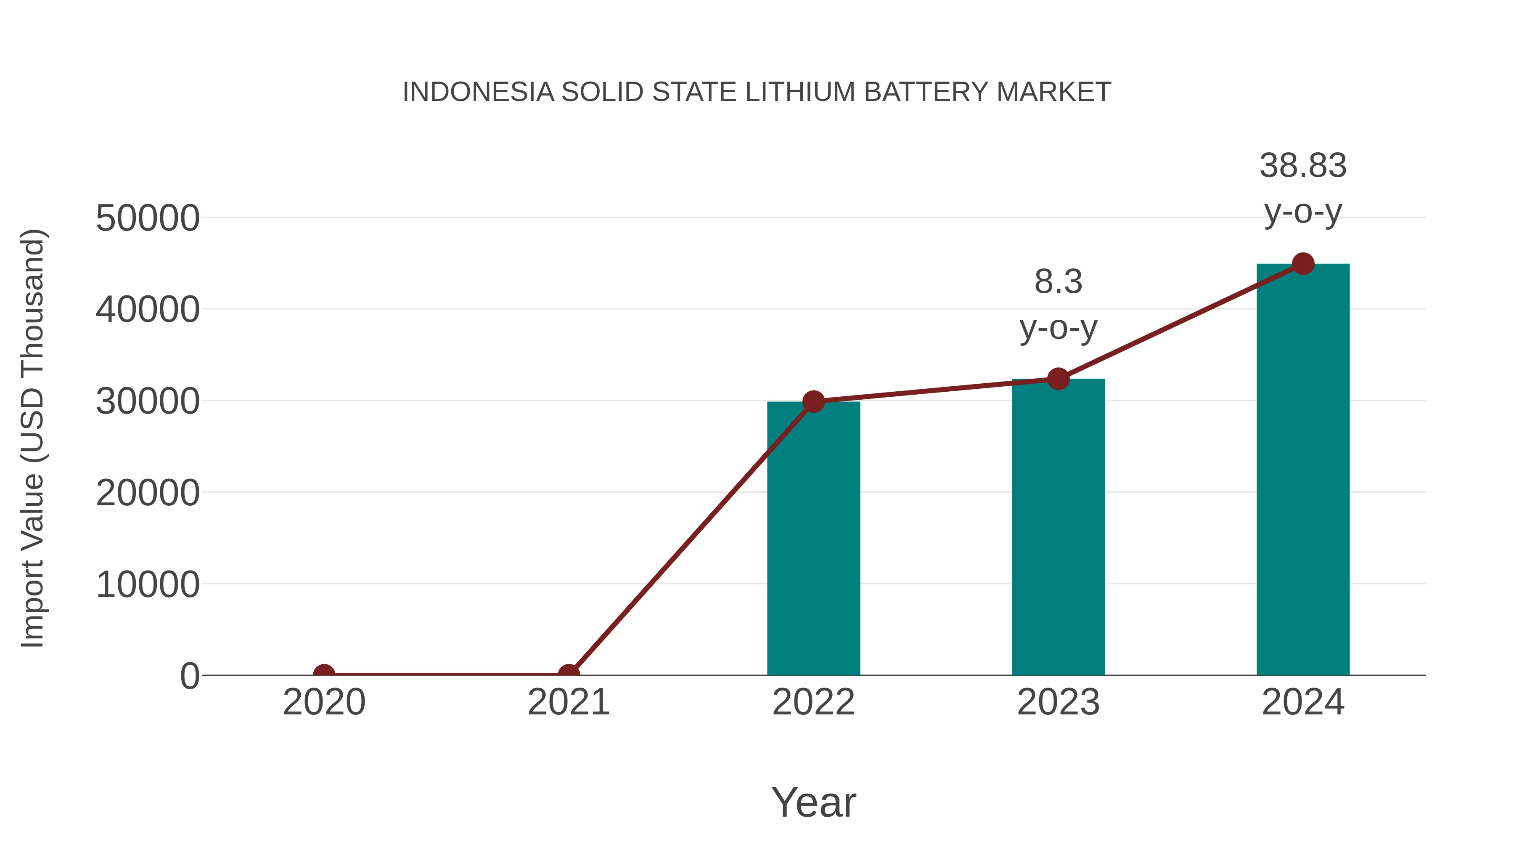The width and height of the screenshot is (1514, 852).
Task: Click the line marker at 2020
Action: pos(324,674)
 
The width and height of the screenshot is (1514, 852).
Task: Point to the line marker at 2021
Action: pos(568,674)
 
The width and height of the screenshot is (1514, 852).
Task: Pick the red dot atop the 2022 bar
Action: pos(813,402)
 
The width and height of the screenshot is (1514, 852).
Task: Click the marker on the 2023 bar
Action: pos(1058,379)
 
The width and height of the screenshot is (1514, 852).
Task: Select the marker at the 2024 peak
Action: pos(1303,264)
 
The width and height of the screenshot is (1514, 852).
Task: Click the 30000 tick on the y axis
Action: pos(148,402)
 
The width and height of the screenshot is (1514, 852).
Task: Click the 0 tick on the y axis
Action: pos(190,676)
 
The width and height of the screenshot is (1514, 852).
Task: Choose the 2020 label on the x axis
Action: pos(324,702)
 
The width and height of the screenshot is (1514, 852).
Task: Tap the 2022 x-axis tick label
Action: pos(813,702)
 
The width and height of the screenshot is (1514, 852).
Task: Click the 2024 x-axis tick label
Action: pos(1303,702)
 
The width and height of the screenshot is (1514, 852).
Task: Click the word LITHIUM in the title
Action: pos(800,92)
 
